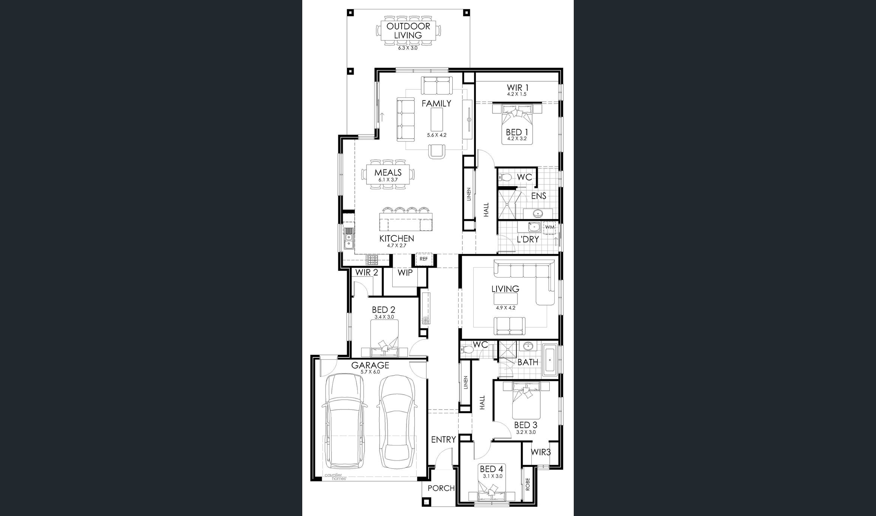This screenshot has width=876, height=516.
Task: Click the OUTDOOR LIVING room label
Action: click(x=408, y=31)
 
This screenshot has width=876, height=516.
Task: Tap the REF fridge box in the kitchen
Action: click(x=424, y=259)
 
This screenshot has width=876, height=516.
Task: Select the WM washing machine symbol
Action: click(x=550, y=227)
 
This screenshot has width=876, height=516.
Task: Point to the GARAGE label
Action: click(x=370, y=365)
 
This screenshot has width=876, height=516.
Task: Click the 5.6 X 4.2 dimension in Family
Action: click(x=436, y=135)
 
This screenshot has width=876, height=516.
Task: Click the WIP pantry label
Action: click(x=405, y=273)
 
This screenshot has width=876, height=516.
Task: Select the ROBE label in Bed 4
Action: click(x=528, y=484)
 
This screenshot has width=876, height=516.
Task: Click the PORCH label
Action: click(x=441, y=488)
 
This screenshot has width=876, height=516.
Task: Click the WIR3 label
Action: click(x=541, y=452)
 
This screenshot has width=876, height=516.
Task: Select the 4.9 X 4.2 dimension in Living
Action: click(x=505, y=308)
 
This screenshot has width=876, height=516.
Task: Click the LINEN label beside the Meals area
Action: click(x=469, y=194)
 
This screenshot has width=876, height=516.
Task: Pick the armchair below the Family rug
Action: click(x=437, y=151)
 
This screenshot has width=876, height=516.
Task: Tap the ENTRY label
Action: click(x=444, y=439)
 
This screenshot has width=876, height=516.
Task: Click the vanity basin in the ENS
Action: click(x=538, y=214)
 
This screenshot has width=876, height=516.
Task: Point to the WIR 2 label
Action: click(x=367, y=273)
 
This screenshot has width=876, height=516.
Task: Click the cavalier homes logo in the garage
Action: click(x=335, y=477)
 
